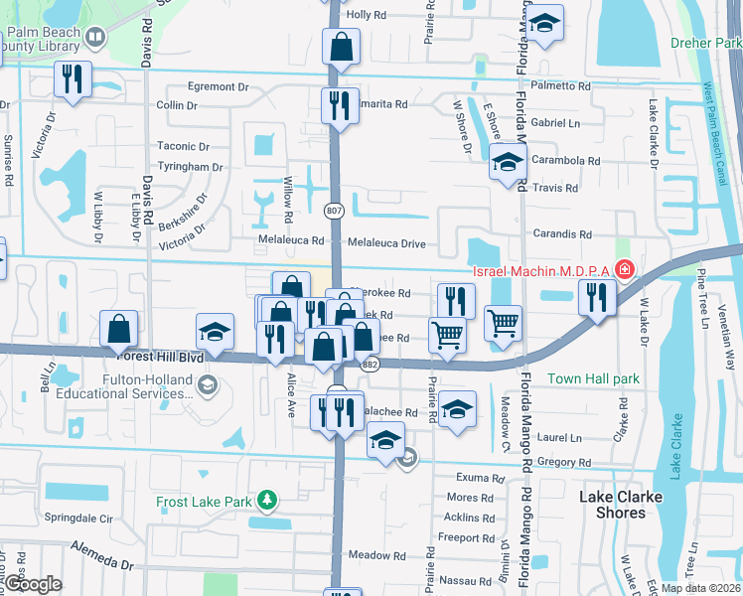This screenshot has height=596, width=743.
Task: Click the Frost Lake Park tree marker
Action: (265, 500)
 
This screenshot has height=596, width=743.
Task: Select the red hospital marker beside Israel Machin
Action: (624, 268)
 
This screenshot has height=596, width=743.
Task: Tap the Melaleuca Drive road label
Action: (386, 242)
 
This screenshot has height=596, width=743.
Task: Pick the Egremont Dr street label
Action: (217, 87)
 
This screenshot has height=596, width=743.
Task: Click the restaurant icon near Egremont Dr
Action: (73, 79)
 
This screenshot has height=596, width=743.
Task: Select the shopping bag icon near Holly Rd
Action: (340, 47)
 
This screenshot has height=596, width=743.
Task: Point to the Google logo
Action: (34, 584)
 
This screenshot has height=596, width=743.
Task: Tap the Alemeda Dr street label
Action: (99, 549)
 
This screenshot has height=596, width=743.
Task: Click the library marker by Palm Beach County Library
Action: (96, 38)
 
